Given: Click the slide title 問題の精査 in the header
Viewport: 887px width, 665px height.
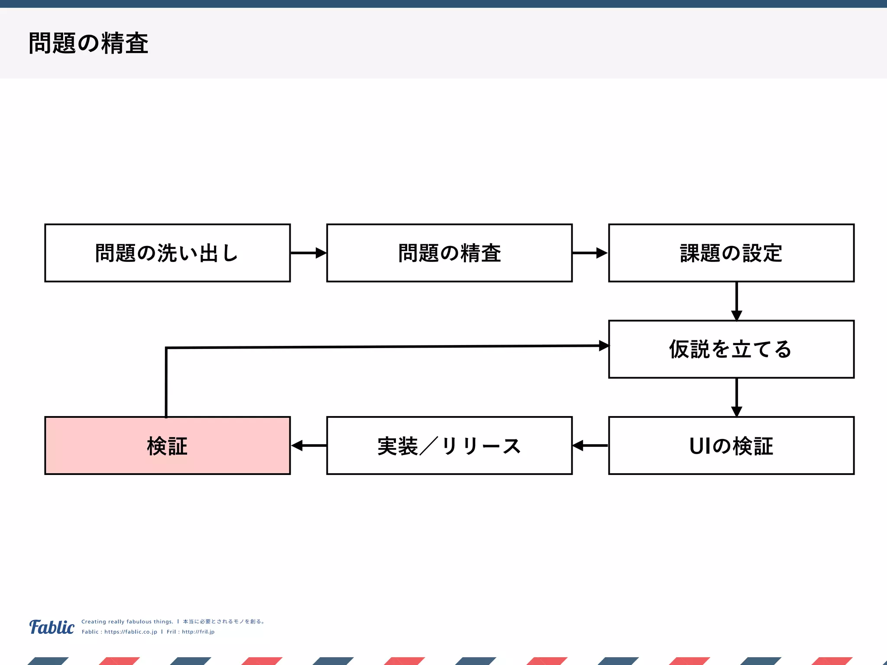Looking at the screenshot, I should tap(88, 43).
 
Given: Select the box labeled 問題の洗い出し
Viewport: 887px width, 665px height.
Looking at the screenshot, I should tap(167, 253).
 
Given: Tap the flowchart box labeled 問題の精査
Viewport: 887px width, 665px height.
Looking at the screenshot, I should tap(449, 253).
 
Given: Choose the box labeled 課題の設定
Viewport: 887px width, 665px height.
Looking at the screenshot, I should tap(731, 253).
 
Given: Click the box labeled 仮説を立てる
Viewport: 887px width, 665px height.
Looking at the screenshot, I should tap(731, 349).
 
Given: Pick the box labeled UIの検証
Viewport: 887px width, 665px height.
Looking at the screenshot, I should tap(731, 445).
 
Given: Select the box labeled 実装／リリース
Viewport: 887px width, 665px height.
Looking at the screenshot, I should tap(449, 445).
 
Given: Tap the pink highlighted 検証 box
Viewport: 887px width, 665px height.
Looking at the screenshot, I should tap(167, 445).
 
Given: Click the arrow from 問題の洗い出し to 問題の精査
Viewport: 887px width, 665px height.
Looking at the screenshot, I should tap(308, 253).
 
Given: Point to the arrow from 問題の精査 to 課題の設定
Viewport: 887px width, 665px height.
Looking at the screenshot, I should tap(590, 253).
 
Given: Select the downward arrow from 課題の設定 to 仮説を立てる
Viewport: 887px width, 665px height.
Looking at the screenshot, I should tap(737, 301).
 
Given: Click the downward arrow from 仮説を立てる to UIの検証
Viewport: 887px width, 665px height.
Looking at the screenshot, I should tap(737, 397).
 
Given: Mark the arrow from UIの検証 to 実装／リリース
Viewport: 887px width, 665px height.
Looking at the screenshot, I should tap(590, 445).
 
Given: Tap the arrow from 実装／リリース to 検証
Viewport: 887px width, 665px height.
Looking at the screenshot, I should tap(308, 445).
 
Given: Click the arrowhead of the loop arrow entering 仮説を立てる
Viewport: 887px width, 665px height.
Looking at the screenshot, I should tap(604, 345).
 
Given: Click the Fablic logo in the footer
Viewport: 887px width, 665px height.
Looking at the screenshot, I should tap(52, 627).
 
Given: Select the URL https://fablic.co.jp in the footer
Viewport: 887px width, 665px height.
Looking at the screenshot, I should tap(130, 632).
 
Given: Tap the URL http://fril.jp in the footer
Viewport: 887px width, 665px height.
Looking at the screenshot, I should tap(198, 632).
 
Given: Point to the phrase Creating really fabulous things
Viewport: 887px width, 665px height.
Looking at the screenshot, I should tap(127, 621).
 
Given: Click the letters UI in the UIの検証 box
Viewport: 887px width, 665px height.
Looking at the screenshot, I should tap(700, 445).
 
